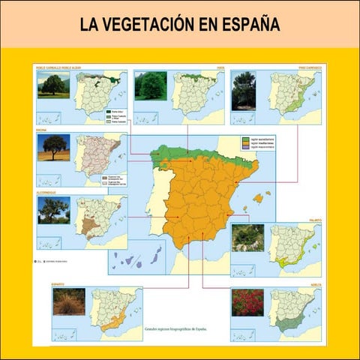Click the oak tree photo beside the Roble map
[53, 85]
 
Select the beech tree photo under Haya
[150, 85]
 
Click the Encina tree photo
[53, 147]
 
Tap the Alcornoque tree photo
[53, 210]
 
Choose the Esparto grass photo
[68, 301]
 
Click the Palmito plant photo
[247, 237]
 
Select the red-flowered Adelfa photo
[247, 301]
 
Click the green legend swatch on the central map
[244, 139]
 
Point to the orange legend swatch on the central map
[244, 145]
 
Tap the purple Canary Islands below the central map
[138, 259]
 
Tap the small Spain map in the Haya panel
[193, 93]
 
